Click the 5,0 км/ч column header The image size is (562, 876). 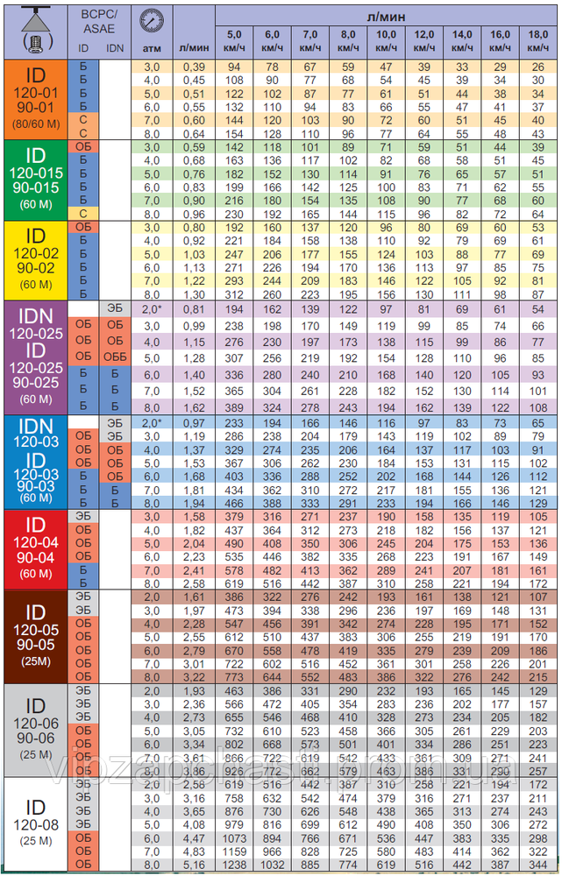tap(233, 40)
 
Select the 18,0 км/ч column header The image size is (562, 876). tap(537, 40)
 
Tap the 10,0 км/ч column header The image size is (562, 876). tap(385, 40)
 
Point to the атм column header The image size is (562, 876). tap(152, 48)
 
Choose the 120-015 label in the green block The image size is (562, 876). tap(35, 173)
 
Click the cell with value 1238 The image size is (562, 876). tap(233, 864)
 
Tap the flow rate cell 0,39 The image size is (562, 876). tap(192, 67)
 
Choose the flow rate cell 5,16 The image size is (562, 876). tap(192, 864)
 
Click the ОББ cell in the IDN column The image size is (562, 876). tap(115, 357)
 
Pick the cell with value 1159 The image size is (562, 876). tap(233, 851)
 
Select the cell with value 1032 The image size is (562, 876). tap(271, 864)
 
